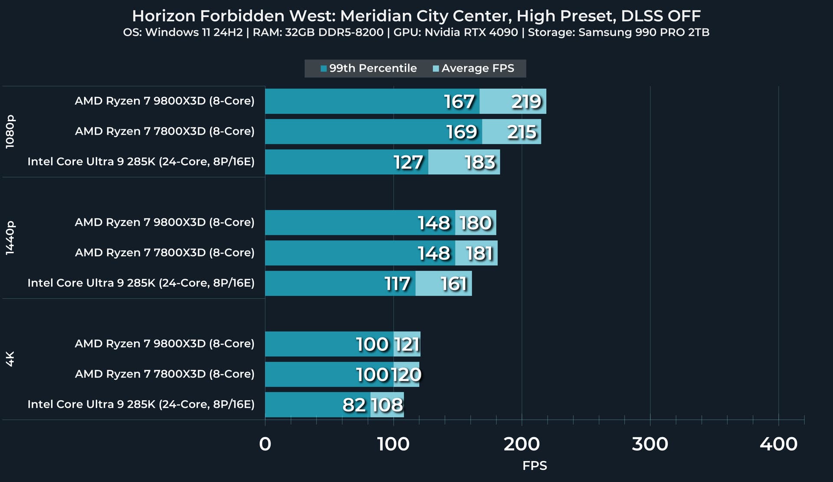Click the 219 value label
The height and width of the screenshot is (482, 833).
[526, 102]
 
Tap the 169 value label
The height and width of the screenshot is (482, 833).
[462, 132]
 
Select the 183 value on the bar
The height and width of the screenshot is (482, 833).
[480, 162]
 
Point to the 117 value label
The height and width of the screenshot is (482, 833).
[397, 284]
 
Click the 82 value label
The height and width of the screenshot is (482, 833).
[354, 405]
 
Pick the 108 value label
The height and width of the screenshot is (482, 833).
[387, 405]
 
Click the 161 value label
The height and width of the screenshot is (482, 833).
[454, 284]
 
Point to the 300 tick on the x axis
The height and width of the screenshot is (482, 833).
[650, 444]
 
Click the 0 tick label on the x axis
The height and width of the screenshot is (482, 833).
[265, 444]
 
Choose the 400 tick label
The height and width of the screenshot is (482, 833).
[778, 444]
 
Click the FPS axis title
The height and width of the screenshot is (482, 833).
[535, 465]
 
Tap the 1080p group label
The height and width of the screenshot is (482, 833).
[10, 132]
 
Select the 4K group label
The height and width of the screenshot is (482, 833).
[10, 359]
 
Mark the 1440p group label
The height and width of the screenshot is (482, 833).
[10, 238]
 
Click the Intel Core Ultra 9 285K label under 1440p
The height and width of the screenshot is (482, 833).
[141, 283]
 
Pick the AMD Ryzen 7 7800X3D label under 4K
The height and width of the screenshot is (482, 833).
[164, 374]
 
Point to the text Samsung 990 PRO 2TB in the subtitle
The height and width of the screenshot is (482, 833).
[644, 33]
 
